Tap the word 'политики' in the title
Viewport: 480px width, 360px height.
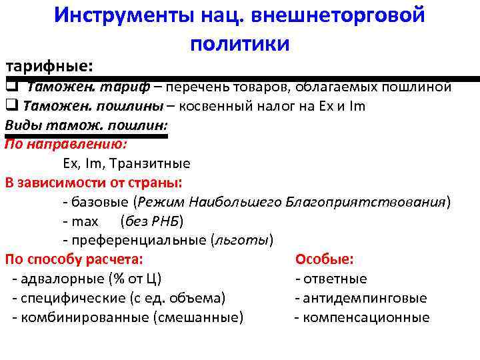pos(239,44)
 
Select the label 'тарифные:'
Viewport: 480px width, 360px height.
pos(49,67)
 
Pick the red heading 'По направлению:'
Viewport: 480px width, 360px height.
pos(66,143)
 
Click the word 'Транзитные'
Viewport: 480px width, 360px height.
pos(150,163)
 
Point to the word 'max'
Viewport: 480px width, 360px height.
pos(85,221)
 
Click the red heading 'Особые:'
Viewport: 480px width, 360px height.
pos(325,259)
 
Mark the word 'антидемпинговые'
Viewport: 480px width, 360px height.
pos(365,298)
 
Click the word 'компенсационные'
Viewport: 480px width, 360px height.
pos(366,317)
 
